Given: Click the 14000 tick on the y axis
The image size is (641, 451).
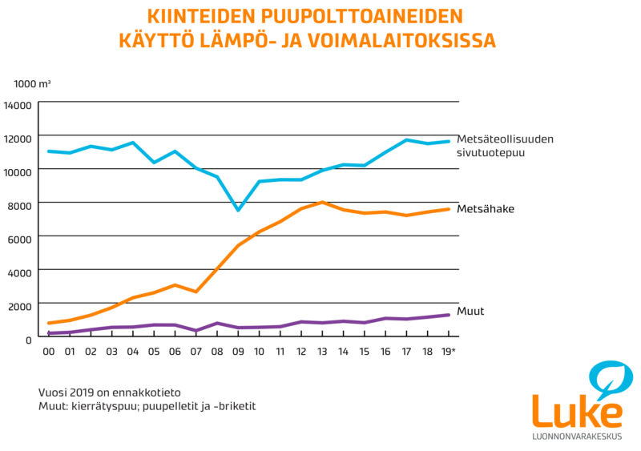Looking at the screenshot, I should tap(18, 105).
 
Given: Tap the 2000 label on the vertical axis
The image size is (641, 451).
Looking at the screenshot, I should tap(20, 305).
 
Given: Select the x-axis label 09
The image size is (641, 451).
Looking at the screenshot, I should tap(237, 352).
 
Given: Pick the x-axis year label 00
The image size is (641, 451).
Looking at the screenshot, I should tap(50, 352).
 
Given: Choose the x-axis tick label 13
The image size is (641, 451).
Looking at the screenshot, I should tap(321, 352).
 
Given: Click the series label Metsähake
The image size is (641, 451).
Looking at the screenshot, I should tap(485, 209).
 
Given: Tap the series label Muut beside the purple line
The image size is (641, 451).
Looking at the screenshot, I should tap(472, 311).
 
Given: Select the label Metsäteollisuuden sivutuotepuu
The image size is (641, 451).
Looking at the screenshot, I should tap(505, 145).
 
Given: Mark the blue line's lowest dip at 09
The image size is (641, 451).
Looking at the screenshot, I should tap(237, 210).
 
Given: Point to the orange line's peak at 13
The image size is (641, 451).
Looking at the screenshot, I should tap(321, 202).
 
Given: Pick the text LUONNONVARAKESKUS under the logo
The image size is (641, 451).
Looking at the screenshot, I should tap(577, 437).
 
